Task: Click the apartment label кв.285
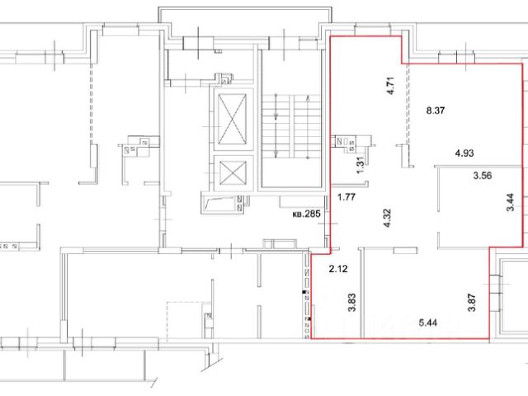306,214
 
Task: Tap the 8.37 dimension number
436,111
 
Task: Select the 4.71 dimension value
390,86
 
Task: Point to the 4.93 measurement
464,153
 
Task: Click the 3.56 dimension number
482,176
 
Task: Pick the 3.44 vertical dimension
510,201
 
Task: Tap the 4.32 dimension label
387,218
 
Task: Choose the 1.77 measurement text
346,196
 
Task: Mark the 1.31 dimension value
361,165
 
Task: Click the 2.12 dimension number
338,269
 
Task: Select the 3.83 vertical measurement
352,303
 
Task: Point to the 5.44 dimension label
428,323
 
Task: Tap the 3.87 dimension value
472,303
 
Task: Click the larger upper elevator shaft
233,119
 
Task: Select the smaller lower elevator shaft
233,172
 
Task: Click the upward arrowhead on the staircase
308,98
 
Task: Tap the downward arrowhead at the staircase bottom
276,154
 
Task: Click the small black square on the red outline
305,292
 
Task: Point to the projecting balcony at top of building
246,21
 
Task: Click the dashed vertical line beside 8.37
407,105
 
